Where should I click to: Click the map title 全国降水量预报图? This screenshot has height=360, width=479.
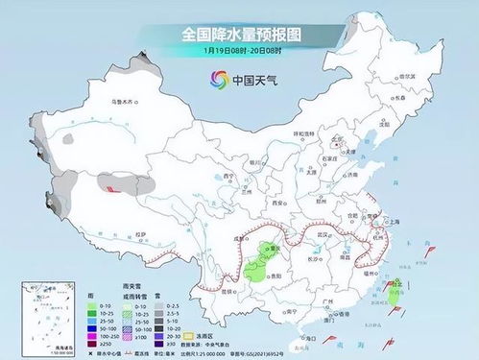tap(240, 36)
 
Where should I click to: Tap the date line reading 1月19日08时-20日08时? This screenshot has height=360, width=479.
tap(239, 51)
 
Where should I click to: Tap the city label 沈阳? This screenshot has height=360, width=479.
tap(385, 124)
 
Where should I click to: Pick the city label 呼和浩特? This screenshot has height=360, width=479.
tap(302, 134)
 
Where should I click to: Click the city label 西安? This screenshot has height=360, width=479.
tap(278, 204)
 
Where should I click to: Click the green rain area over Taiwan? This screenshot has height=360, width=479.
tap(394, 290)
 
